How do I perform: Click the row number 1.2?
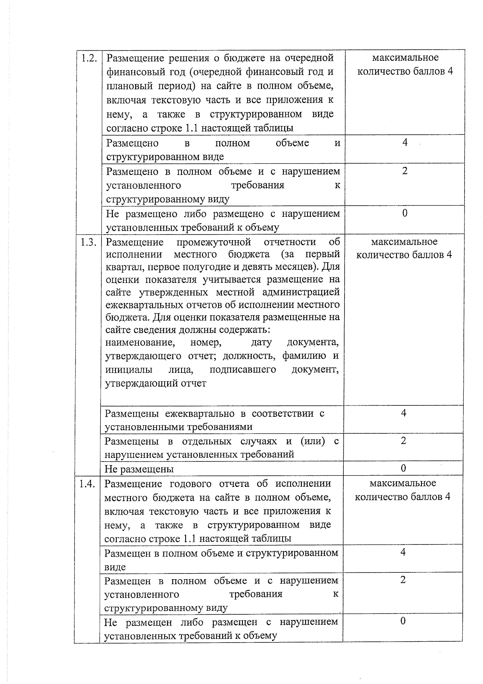pos(89,58)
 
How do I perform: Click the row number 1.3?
pos(88,242)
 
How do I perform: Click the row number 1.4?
pos(87,484)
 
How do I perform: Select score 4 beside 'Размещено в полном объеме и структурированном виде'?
pos(405,142)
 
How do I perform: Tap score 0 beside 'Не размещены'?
pos(403,468)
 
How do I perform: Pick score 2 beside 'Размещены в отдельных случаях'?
pos(403,441)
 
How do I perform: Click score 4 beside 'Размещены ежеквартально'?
pos(403,413)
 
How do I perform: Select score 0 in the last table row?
pos(403,621)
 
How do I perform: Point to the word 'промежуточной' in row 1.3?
pos(213,242)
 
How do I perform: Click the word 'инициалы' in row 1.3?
pos(129,370)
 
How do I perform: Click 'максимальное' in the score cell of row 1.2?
pos(405,58)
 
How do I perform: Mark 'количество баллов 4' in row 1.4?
pos(402,497)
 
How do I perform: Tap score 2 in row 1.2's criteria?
pos(405,171)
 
